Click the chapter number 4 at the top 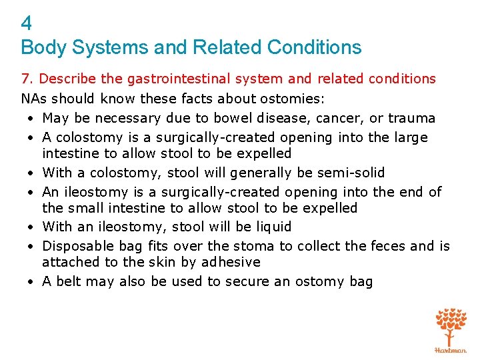[x=27, y=24]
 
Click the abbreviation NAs [x=33, y=99]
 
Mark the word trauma [x=411, y=118]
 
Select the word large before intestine [x=411, y=137]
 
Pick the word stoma [x=257, y=246]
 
